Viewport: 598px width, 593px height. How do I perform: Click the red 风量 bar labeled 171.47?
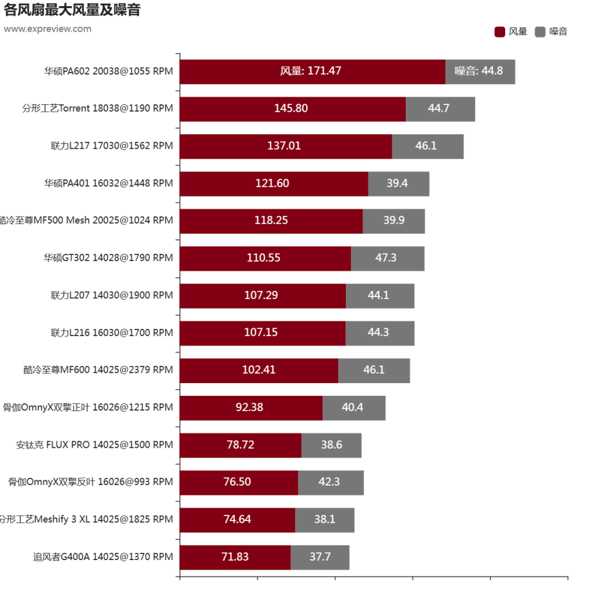tap(312, 71)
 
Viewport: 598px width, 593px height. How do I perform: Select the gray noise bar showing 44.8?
tap(480, 71)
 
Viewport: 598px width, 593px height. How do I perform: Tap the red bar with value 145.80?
tap(292, 109)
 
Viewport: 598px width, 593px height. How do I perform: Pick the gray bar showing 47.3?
tap(387, 258)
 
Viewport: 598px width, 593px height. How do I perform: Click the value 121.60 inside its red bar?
tap(272, 184)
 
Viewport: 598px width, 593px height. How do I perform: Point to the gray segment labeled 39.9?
tap(394, 221)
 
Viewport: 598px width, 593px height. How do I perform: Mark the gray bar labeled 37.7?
tap(320, 557)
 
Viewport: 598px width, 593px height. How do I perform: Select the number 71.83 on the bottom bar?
tap(235, 557)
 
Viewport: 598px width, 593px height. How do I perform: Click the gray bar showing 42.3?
tap(331, 482)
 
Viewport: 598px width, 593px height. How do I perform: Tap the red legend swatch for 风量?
tap(499, 32)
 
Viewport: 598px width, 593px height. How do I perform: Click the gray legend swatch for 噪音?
tap(540, 32)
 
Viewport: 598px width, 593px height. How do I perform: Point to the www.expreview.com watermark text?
tap(47, 29)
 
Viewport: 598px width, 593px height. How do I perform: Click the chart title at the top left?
tap(71, 10)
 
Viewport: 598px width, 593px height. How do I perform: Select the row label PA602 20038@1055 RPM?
tap(109, 71)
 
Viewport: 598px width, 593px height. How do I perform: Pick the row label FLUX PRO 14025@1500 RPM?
tap(95, 445)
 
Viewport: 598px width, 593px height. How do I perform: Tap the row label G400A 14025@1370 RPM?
tap(103, 557)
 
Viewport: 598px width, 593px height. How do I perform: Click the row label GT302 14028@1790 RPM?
tap(109, 258)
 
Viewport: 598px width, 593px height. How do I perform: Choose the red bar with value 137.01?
tap(285, 146)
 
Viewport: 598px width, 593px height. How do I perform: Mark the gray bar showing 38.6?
tap(331, 445)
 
